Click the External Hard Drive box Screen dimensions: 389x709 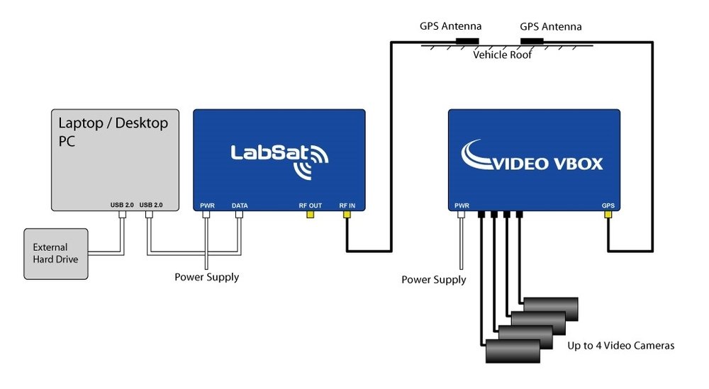click(x=56, y=254)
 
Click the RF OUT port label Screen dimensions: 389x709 click(x=310, y=205)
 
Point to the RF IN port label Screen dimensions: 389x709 click(x=347, y=205)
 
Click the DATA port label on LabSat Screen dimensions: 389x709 click(x=240, y=205)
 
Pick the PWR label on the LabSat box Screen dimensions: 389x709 click(x=207, y=205)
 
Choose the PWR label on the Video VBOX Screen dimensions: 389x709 click(x=462, y=205)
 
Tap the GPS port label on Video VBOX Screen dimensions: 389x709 click(x=608, y=205)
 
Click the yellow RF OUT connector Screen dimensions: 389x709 click(x=310, y=213)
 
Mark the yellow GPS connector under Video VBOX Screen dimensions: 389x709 click(x=608, y=213)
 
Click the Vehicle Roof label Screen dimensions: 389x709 click(x=501, y=55)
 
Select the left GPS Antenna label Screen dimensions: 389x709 click(x=450, y=26)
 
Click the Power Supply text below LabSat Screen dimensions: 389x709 click(x=206, y=277)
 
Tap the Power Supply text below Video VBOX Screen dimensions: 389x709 click(x=433, y=280)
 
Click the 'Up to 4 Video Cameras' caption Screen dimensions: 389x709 click(x=620, y=346)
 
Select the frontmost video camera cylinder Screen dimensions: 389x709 click(x=512, y=351)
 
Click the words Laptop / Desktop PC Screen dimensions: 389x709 click(x=113, y=131)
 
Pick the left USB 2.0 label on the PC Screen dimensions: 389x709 click(x=121, y=205)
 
